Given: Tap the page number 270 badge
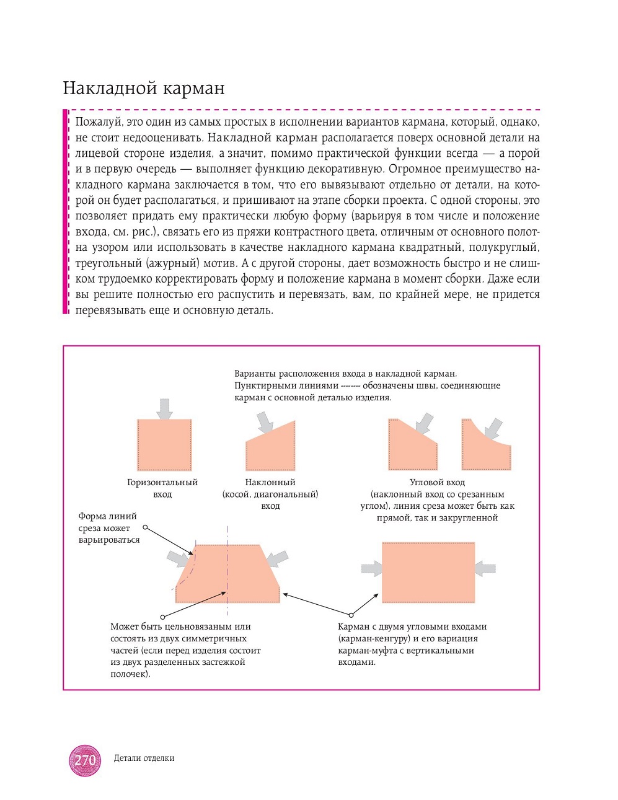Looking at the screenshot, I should point(85,760).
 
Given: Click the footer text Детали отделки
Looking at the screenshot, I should point(144,758).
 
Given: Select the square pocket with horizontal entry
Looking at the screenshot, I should point(164,445).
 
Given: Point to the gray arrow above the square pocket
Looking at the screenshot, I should point(164,409).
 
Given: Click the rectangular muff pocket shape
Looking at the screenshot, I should point(428,572).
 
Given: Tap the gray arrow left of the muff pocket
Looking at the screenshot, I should point(371,568).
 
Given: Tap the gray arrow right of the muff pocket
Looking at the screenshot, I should point(486,568).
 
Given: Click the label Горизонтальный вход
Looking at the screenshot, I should point(162,488).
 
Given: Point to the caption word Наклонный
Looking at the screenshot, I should point(270,482).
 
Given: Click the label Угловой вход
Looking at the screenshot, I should point(437,482).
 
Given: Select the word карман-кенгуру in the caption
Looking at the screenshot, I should point(374,638).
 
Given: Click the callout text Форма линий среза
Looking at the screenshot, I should point(108,522).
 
